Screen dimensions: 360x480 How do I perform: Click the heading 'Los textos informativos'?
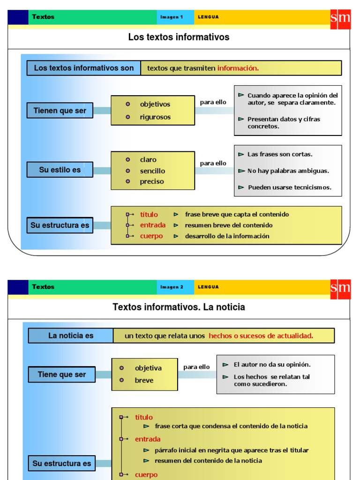click(x=179, y=37)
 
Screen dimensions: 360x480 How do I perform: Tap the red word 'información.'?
click(x=238, y=68)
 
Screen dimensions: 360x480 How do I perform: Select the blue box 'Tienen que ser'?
click(x=60, y=111)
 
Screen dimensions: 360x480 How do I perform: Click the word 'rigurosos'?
click(x=155, y=117)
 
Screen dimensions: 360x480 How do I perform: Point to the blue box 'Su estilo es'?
click(x=60, y=170)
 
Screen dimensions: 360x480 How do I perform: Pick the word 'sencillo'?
click(x=152, y=171)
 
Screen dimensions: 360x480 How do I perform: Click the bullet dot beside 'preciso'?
click(x=128, y=181)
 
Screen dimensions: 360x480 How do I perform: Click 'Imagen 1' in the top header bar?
click(x=172, y=17)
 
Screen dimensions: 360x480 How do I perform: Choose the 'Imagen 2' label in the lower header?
click(x=172, y=287)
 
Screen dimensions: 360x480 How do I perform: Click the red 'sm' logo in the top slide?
click(x=340, y=18)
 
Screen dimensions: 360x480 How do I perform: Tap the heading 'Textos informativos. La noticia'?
click(x=179, y=307)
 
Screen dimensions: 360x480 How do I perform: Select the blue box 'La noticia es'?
click(x=71, y=336)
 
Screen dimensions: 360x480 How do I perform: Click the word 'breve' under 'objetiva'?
click(x=144, y=380)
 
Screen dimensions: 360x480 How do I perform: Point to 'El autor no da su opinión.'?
click(x=272, y=364)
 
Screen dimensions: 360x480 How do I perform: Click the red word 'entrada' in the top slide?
click(x=152, y=225)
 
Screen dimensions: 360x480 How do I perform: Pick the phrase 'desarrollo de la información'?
click(x=227, y=236)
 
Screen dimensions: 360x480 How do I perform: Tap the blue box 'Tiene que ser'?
click(x=62, y=375)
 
